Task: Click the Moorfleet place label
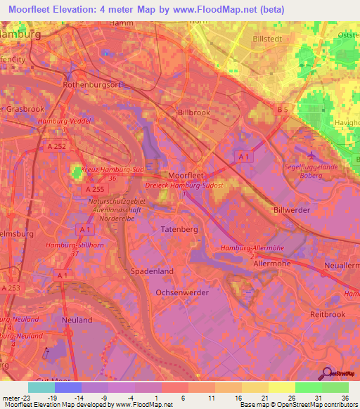tap(187, 174)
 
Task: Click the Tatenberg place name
tap(180, 230)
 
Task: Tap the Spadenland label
tap(152, 270)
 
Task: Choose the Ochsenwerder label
tap(184, 292)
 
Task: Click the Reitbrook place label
tap(328, 316)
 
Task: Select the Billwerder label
tap(292, 209)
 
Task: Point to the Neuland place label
tap(77, 320)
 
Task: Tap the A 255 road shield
tap(94, 190)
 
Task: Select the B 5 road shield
tap(283, 110)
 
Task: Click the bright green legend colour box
tap(308, 387)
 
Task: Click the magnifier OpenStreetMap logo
tap(328, 374)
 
